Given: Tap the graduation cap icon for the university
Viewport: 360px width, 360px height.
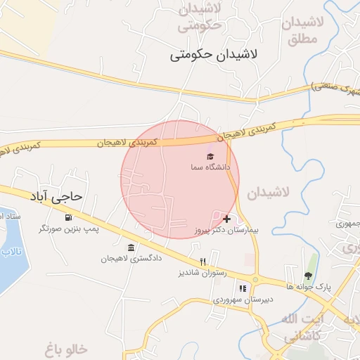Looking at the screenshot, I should [x=210, y=156].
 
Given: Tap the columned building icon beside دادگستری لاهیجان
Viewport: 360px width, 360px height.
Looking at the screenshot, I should [x=131, y=247].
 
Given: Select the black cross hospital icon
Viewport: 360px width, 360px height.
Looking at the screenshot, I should [x=226, y=219].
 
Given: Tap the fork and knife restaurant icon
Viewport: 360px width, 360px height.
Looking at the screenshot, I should [x=202, y=261].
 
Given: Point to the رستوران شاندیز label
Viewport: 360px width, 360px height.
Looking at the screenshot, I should [x=199, y=272].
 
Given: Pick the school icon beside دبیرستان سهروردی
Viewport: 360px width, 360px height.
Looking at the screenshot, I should [x=243, y=288].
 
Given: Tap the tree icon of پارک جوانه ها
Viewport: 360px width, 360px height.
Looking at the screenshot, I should [x=308, y=275].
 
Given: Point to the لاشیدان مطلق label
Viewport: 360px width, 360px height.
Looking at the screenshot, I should [x=303, y=31].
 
